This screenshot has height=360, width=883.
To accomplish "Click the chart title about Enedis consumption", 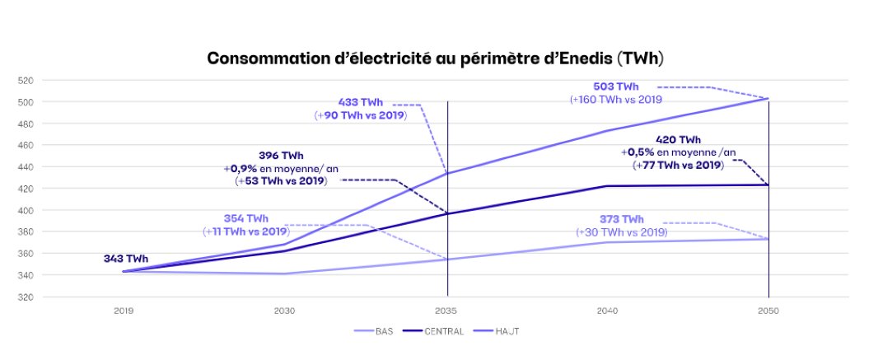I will [435, 58].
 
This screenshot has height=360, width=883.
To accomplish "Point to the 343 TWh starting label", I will [126, 259].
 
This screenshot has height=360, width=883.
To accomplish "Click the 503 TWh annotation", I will [615, 86].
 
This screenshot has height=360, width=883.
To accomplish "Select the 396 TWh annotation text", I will [281, 155].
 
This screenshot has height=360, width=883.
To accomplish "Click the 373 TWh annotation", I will [621, 219].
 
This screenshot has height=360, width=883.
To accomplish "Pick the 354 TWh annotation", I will [245, 218].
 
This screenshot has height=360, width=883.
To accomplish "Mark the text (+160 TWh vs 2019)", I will [615, 100].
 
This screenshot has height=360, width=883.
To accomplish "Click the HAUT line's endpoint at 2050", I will [769, 99].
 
